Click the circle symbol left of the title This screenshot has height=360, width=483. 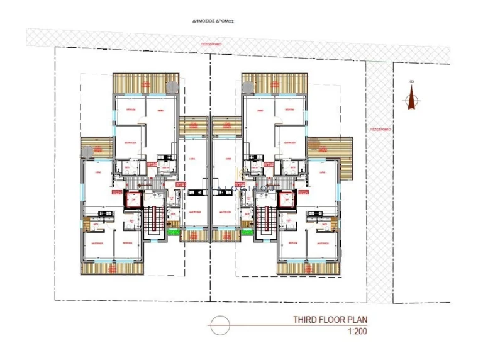(x=219, y=326)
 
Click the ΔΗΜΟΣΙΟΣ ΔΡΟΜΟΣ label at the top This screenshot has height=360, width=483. (x=213, y=21)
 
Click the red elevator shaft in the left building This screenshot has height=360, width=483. (x=133, y=201)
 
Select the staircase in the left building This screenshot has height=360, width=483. (x=151, y=220)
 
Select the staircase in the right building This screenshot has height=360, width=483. (x=263, y=220)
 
